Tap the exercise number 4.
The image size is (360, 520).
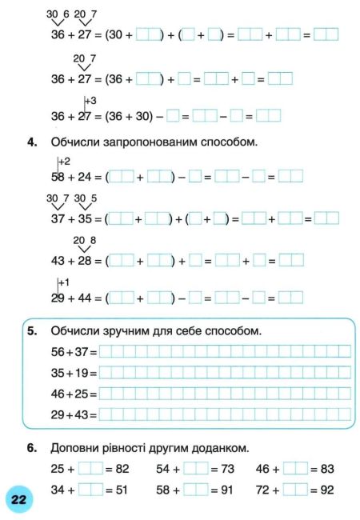[33, 142]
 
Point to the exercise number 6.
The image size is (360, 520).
[33, 447]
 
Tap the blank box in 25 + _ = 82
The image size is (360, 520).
[90, 469]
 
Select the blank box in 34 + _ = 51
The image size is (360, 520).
[90, 490]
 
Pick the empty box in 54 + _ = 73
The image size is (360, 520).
[195, 469]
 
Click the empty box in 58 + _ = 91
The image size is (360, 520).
[195, 490]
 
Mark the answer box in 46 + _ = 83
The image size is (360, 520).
[295, 469]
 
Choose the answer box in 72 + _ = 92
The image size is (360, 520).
[295, 490]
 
